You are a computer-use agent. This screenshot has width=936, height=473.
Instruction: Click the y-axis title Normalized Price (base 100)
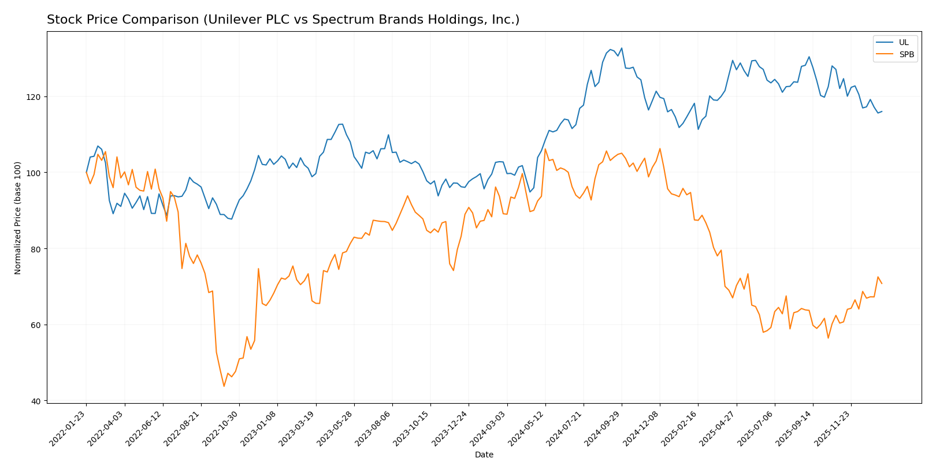[18, 218]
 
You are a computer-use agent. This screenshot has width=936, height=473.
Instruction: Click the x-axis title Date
[484, 455]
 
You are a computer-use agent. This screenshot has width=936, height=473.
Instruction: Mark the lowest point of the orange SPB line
[224, 386]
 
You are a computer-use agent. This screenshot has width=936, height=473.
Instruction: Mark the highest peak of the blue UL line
[621, 49]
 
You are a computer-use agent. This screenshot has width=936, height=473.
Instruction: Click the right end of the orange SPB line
[882, 284]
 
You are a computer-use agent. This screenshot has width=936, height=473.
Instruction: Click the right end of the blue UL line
[882, 111]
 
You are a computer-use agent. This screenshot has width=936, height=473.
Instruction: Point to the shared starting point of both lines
[87, 173]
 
